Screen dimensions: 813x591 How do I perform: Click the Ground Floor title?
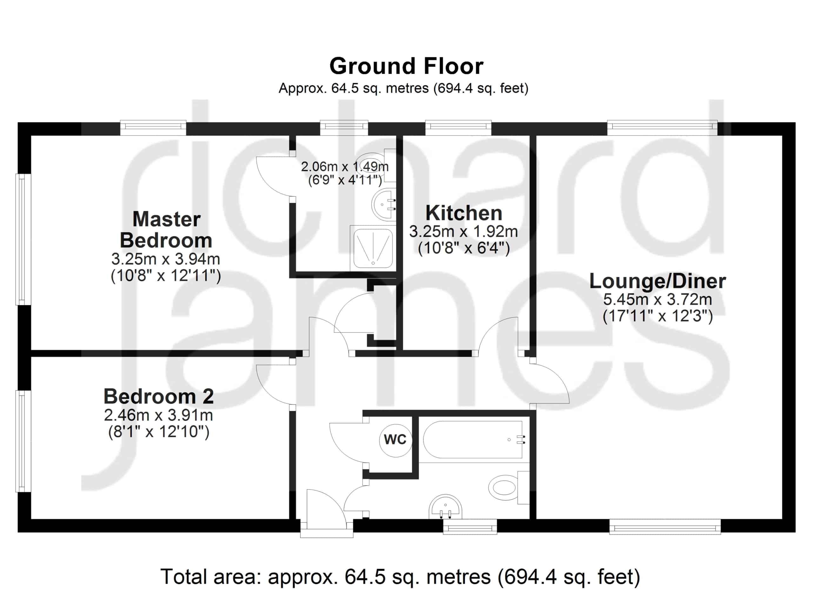406,66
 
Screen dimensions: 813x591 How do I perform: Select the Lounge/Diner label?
657,281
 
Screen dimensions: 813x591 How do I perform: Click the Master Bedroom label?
166,229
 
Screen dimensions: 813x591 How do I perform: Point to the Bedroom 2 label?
158,396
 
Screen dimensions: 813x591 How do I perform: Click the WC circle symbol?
395,440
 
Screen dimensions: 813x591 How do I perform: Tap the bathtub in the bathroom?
473,440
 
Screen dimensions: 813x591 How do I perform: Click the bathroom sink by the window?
445,507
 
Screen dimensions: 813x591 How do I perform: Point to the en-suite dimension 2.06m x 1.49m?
345,167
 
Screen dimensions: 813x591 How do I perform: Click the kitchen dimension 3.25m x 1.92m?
463,232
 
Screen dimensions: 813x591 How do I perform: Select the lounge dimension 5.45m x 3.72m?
657,299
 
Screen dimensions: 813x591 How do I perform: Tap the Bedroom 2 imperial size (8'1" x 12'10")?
158,432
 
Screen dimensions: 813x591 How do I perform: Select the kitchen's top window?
458,128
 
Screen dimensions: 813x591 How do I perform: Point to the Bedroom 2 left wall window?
23,441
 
